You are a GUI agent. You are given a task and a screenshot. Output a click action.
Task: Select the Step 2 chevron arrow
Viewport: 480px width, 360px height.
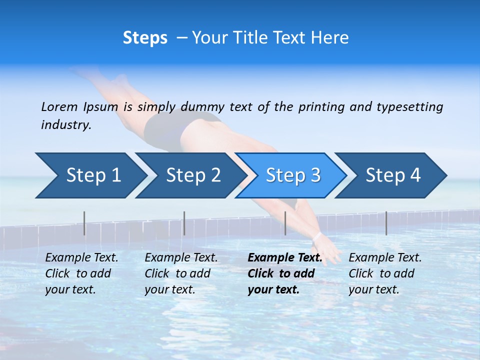(193, 175)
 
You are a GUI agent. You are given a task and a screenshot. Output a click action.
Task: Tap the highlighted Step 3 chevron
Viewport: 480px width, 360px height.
(293, 175)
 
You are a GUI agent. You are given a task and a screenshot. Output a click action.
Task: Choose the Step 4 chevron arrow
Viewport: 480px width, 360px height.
(393, 175)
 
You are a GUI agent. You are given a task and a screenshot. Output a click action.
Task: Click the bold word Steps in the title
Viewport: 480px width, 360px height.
(145, 38)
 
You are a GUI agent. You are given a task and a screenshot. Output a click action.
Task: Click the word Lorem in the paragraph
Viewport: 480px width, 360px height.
(59, 106)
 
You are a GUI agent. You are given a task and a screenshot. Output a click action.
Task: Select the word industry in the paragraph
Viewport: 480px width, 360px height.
(65, 124)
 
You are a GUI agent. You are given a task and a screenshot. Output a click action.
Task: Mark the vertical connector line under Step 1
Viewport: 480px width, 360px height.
(84, 223)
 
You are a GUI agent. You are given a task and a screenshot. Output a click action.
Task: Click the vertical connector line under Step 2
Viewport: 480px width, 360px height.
(184, 223)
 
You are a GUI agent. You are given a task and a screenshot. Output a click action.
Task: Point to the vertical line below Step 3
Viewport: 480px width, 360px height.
(285, 223)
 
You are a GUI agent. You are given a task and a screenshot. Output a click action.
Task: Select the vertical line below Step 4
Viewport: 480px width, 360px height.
(386, 223)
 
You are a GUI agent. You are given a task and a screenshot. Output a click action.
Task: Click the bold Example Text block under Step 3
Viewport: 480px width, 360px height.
(284, 273)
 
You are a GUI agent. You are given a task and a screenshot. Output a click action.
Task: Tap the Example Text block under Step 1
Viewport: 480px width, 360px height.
(81, 273)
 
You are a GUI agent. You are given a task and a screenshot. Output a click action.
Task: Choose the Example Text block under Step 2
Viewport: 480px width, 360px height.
(181, 273)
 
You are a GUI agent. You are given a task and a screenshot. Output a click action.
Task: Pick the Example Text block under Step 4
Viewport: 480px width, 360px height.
(385, 273)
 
